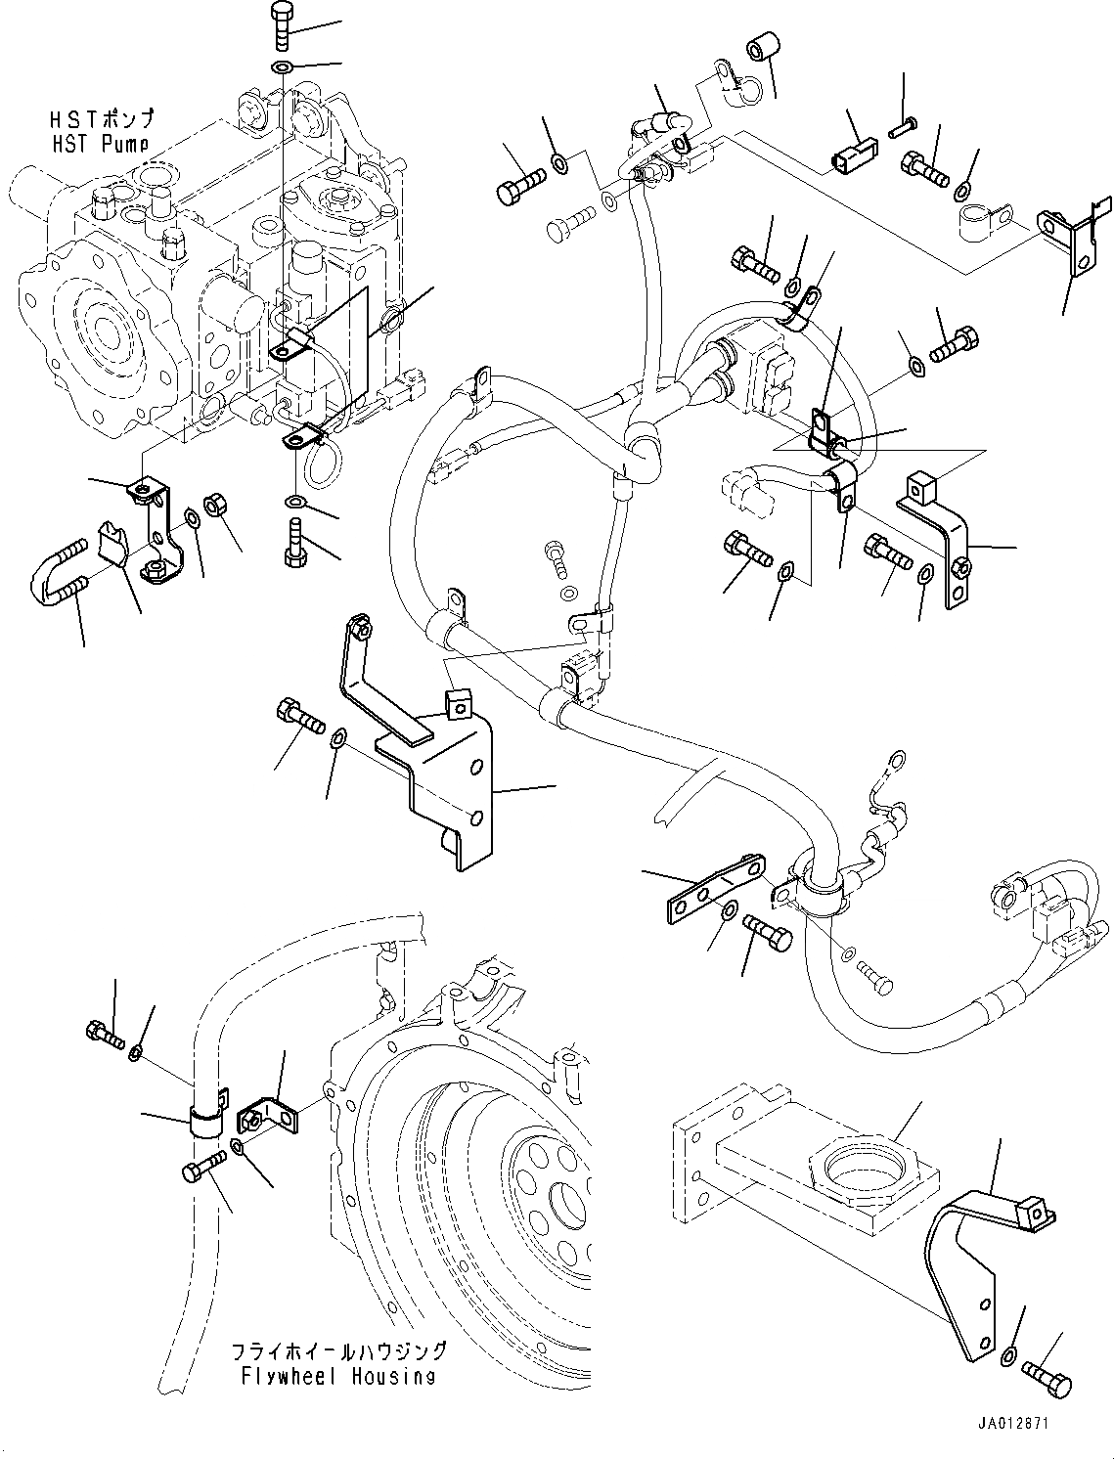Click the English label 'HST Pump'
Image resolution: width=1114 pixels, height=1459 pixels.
(x=100, y=143)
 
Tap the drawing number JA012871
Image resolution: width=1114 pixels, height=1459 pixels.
(x=1011, y=1423)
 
